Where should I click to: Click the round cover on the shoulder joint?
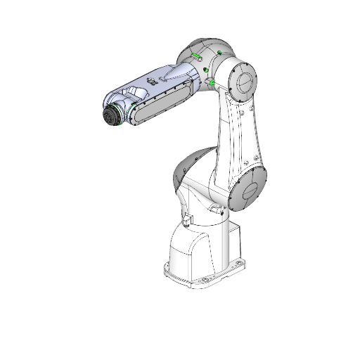(x=247, y=191)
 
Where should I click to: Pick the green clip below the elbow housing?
(x=210, y=84)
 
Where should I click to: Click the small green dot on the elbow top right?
(x=220, y=53)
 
